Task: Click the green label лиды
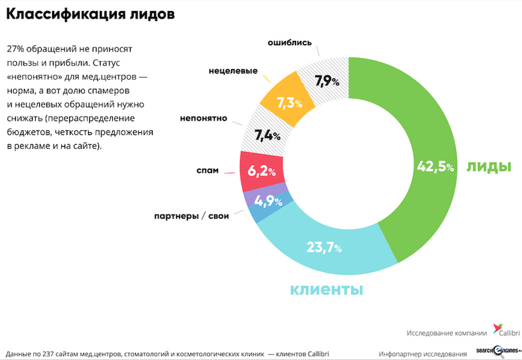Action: point(489,166)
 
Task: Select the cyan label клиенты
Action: point(326,289)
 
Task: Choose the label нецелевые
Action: point(233,70)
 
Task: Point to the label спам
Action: point(207,170)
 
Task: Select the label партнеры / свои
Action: point(191,216)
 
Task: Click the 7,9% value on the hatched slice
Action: point(327,82)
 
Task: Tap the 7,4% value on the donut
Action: point(267,136)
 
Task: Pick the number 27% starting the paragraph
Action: point(16,50)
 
